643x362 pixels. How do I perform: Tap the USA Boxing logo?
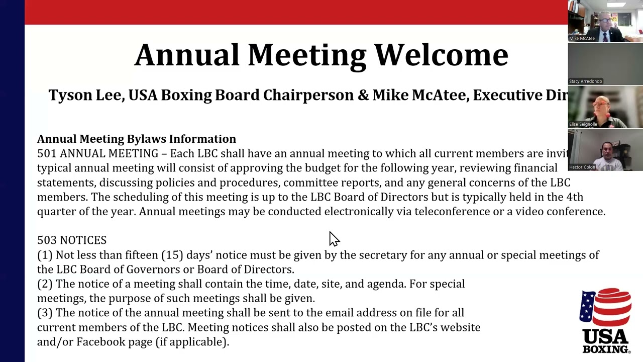click(605, 321)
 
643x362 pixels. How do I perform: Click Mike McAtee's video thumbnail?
click(605, 21)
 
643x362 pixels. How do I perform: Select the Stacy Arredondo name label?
click(585, 81)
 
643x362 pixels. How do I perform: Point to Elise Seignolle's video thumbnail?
click(605, 107)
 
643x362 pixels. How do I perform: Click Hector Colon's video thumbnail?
click(605, 150)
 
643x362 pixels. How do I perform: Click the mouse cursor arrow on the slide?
click(334, 239)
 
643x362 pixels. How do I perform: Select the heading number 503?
click(46, 240)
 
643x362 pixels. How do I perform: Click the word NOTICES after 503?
click(83, 240)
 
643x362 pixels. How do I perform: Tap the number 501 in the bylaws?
click(46, 153)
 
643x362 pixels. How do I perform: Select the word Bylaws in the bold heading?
click(146, 139)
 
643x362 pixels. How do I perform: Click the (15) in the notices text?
click(172, 255)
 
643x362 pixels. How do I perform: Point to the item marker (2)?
click(45, 284)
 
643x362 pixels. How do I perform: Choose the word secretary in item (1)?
click(383, 255)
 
